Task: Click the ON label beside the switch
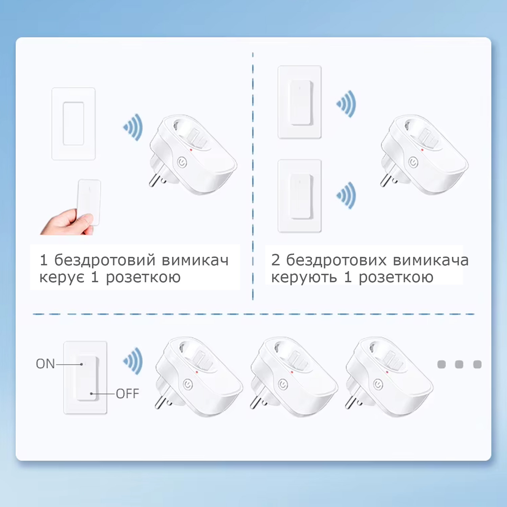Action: (x=45, y=364)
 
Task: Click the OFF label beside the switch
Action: (x=127, y=394)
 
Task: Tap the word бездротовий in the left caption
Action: (x=105, y=260)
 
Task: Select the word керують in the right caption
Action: (x=304, y=277)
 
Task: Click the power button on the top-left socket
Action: (x=182, y=162)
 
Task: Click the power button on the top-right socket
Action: (x=413, y=162)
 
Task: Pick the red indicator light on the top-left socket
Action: (x=191, y=149)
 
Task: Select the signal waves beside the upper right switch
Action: (x=346, y=104)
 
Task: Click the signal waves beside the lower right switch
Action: (x=346, y=195)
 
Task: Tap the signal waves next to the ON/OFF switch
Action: (x=133, y=361)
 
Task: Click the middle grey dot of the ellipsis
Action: (x=459, y=364)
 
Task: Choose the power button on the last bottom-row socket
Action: (x=378, y=384)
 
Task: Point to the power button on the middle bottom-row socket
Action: (x=283, y=384)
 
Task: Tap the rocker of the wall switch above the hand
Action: (x=73, y=123)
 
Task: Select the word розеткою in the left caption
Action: (x=143, y=278)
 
